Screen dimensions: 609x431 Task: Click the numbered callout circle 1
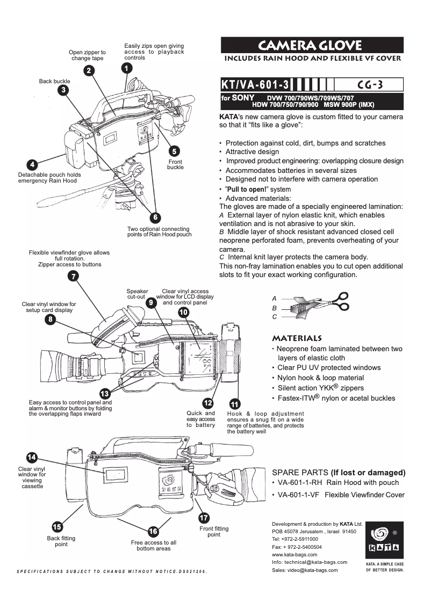125,68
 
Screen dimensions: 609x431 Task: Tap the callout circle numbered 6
155,218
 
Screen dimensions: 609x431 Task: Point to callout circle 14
32,457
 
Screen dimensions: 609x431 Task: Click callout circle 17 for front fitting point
204,518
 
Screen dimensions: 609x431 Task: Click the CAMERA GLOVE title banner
312,45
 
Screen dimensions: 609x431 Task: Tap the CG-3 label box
369,85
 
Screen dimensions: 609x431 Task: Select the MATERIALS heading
297,338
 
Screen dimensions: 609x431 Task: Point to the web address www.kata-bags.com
294,554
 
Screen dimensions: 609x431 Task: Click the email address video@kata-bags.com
313,570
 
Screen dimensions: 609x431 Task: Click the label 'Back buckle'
54,81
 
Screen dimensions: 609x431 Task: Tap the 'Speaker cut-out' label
137,294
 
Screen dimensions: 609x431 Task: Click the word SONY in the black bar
242,98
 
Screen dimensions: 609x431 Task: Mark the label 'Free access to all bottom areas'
153,546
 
